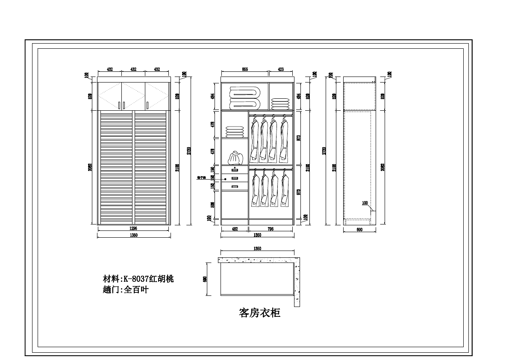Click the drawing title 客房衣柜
click(x=259, y=313)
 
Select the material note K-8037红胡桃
click(x=138, y=279)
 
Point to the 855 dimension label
click(x=245, y=69)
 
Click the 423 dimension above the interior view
click(x=281, y=69)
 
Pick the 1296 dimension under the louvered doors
click(x=133, y=229)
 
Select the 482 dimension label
click(x=235, y=229)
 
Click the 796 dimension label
click(x=271, y=229)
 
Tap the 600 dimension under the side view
click(x=359, y=230)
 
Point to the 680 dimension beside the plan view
click(x=205, y=279)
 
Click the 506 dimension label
click(x=212, y=204)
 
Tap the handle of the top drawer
click(x=235, y=170)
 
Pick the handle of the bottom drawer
click(x=235, y=186)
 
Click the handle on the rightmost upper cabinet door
click(x=147, y=104)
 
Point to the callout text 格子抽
click(x=202, y=177)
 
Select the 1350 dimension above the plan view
click(x=257, y=249)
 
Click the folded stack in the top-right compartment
click(x=280, y=104)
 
